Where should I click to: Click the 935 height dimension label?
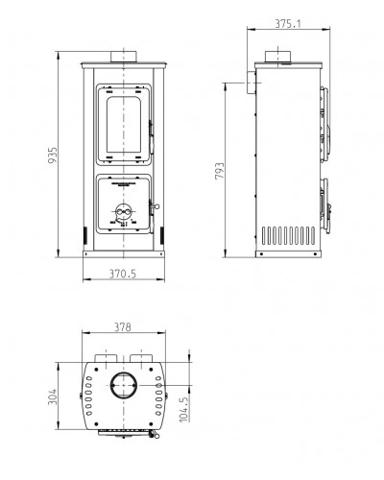(x=53, y=156)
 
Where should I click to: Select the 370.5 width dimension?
(x=123, y=274)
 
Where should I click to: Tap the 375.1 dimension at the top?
(x=288, y=24)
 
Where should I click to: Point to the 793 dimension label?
(x=220, y=171)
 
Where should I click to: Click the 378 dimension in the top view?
(x=123, y=327)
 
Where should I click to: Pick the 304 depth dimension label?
(x=53, y=396)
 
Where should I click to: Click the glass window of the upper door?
(x=124, y=125)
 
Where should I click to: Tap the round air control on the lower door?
(x=124, y=212)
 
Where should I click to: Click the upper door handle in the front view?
(x=151, y=133)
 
